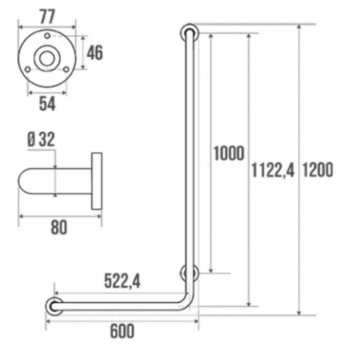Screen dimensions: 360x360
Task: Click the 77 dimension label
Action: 48,14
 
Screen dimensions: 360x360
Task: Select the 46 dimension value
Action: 95,52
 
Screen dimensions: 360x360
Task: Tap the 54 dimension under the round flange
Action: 48,104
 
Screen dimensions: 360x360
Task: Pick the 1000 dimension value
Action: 229,153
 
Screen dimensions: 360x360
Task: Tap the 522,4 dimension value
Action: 122,282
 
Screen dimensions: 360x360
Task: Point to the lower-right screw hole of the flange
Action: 66,69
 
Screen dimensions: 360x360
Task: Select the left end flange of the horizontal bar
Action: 53,306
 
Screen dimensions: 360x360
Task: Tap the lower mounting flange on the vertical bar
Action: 189,274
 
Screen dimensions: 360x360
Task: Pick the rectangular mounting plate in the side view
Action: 96,181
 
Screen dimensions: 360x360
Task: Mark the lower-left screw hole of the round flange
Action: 30,69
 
